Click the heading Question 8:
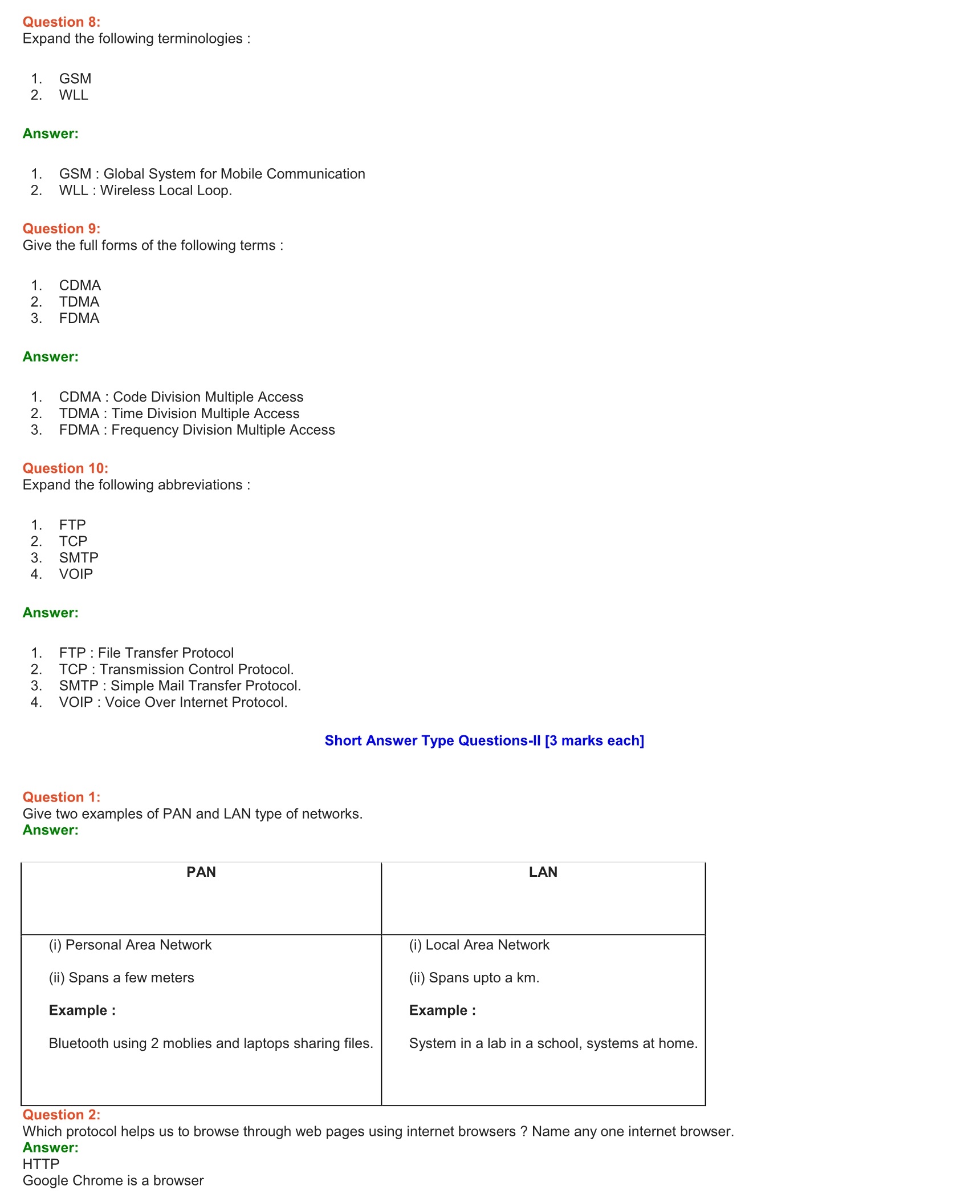tap(62, 22)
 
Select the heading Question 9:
tap(62, 229)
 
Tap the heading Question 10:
tap(66, 468)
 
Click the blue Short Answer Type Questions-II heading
tap(484, 740)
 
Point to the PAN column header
tap(201, 872)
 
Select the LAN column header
tap(543, 872)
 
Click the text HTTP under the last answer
tap(41, 1164)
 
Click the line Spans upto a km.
tap(474, 978)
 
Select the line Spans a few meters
tap(121, 978)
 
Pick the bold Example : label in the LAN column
tap(442, 1010)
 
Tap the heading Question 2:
tap(62, 1115)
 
